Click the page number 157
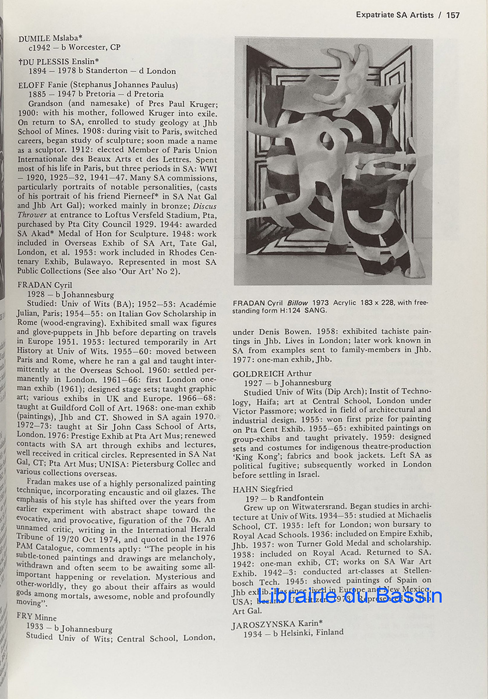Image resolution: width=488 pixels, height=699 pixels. tap(453, 15)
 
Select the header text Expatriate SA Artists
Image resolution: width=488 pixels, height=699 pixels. tap(395, 15)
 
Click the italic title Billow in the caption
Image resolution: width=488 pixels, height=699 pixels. tap(298, 303)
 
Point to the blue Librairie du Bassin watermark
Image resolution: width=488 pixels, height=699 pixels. tap(350, 596)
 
